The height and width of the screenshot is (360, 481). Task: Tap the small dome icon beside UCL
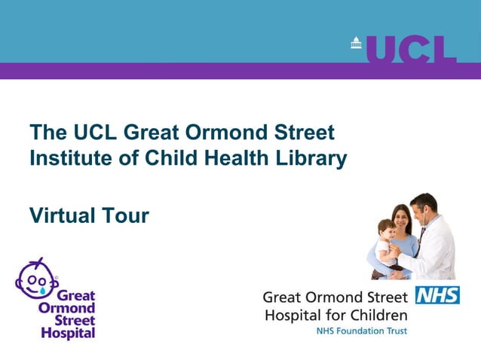pos(357,44)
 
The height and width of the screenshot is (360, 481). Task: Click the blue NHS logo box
pos(437,295)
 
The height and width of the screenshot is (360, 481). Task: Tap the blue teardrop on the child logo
pos(44,288)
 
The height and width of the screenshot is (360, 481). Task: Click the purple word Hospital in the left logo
pos(69,332)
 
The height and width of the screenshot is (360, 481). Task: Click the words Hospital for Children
pos(335,314)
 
